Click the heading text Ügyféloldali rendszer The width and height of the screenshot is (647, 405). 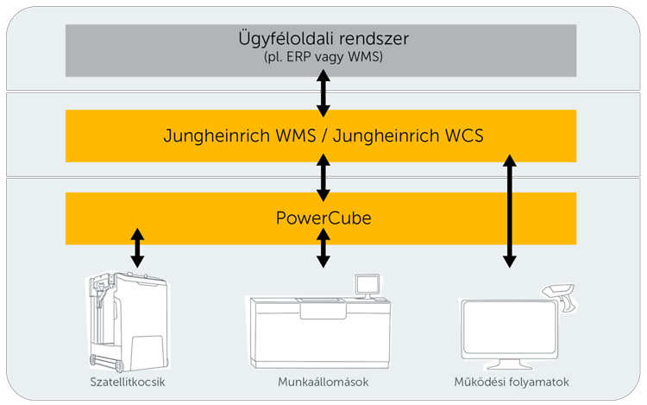321,40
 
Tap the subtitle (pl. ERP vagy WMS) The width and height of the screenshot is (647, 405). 321,59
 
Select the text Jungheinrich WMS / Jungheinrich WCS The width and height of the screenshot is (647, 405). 321,136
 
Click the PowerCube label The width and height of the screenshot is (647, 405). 321,218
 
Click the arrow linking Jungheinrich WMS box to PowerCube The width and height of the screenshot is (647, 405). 323,176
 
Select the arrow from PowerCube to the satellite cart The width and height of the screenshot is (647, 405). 135,248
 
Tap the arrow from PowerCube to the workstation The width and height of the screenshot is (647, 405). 323,248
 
